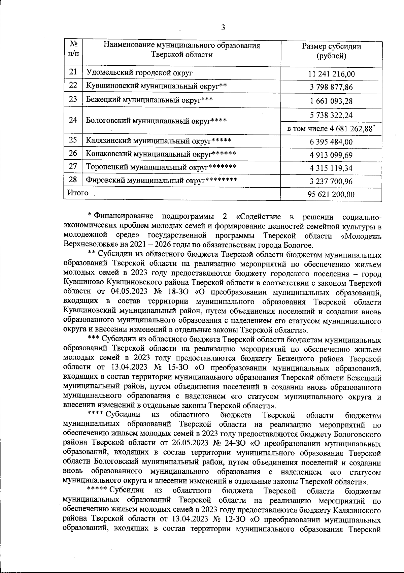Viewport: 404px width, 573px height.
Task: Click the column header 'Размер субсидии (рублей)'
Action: tap(331, 51)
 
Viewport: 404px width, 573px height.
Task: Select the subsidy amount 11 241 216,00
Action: tap(331, 74)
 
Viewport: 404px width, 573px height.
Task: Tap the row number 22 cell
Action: tap(73, 86)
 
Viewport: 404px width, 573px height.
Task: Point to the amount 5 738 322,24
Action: tap(331, 115)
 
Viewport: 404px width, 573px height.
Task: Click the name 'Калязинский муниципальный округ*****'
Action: tap(159, 140)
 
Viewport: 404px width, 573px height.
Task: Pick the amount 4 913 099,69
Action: tap(331, 155)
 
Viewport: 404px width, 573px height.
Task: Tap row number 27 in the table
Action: tap(73, 167)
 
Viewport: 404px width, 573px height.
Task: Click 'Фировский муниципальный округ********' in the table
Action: tap(162, 180)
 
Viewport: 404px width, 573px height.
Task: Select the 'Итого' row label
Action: tap(78, 193)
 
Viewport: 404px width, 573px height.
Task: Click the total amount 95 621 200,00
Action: tap(331, 194)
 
